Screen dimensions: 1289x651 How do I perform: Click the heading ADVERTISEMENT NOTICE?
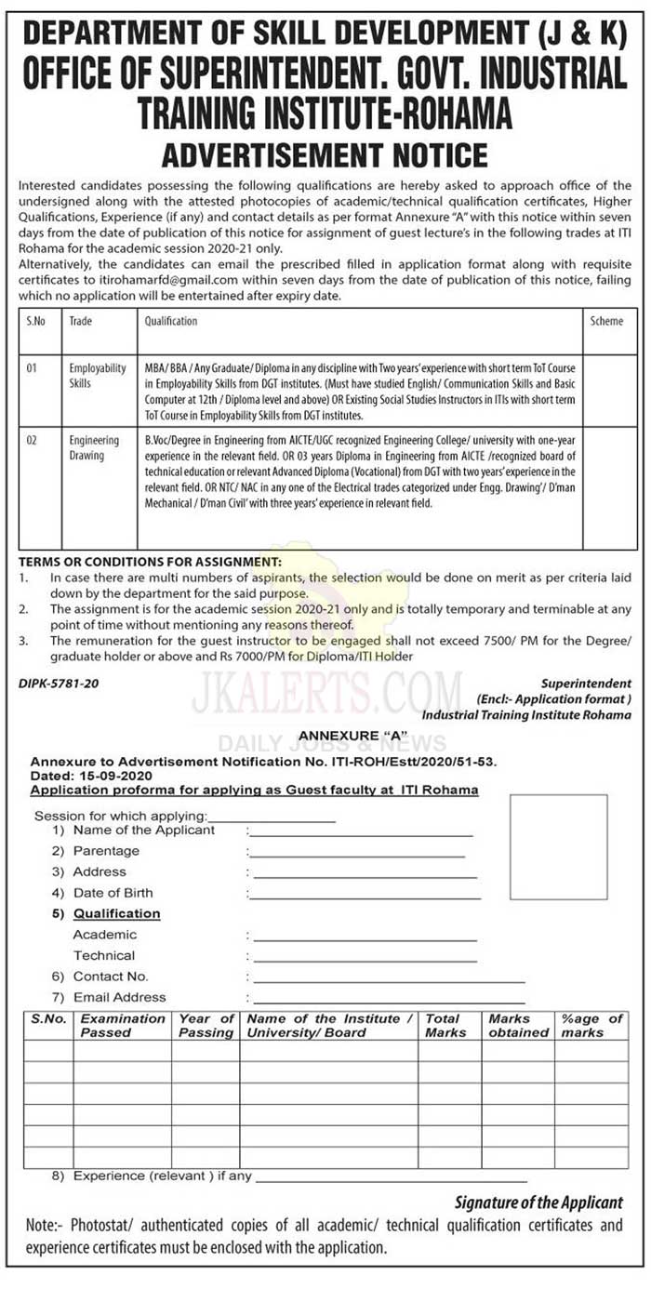[325, 153]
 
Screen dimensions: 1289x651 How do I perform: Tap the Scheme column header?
[606, 321]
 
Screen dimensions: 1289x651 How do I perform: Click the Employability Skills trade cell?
[97, 376]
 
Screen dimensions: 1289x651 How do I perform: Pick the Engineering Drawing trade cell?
[94, 448]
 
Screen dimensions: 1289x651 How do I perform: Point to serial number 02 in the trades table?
[32, 441]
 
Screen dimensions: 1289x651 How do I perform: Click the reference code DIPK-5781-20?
[59, 684]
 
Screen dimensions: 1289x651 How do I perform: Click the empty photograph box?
[559, 846]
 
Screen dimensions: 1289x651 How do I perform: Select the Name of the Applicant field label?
[143, 831]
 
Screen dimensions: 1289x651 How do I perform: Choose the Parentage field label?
[106, 851]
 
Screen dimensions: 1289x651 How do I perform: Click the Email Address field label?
[119, 997]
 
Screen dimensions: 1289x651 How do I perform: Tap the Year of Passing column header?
[206, 1026]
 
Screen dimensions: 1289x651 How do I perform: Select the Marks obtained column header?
[518, 1026]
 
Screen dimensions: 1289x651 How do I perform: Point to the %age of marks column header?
[590, 1026]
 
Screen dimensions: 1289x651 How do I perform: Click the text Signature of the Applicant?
[538, 1203]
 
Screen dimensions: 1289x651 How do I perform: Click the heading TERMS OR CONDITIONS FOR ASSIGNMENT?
[150, 562]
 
